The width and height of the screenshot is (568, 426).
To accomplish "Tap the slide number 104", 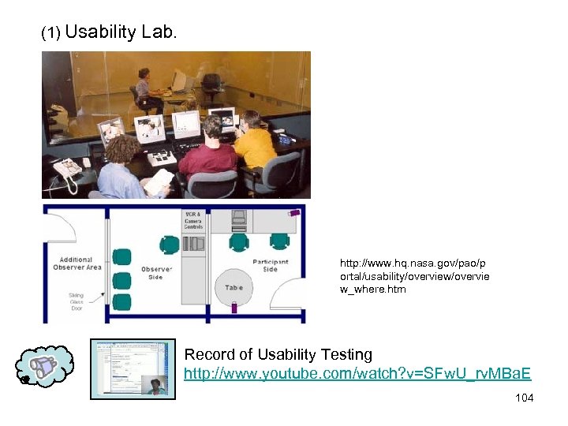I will click(x=524, y=398).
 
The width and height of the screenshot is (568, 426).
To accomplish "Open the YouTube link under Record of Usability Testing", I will click(x=357, y=373).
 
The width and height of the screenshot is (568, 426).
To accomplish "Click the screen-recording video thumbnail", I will click(x=133, y=368).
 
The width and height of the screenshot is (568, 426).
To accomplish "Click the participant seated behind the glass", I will click(x=145, y=86).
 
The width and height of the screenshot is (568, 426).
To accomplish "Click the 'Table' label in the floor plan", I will click(x=234, y=288).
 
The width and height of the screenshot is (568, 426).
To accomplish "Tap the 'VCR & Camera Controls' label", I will click(x=193, y=222).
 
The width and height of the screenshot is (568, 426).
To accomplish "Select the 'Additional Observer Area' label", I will click(x=77, y=263).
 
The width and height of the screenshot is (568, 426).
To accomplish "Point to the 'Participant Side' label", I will click(x=270, y=266).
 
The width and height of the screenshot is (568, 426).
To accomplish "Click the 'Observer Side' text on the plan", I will click(x=156, y=273).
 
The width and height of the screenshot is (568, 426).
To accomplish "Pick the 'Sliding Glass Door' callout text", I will click(x=76, y=301).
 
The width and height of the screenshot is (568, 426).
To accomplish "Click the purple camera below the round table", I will click(x=234, y=309).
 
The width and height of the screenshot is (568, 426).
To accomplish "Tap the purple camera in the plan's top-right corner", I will click(x=294, y=211).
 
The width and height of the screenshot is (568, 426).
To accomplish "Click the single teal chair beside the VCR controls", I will click(x=169, y=245).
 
